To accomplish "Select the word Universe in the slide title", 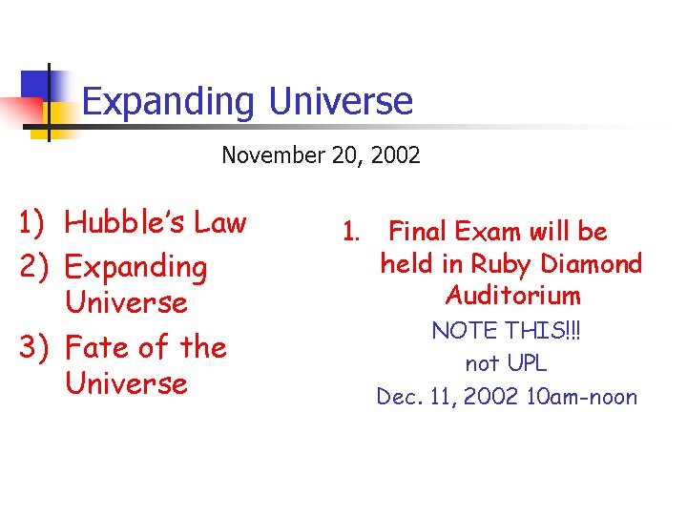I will coord(341,100).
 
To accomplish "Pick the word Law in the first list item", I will coord(220,223).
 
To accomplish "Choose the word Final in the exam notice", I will coord(421,232).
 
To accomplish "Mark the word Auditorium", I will coord(512,296).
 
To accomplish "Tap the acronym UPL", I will coord(526,363).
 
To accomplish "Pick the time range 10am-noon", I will coord(581,397).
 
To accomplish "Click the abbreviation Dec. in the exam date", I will coord(397,397).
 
